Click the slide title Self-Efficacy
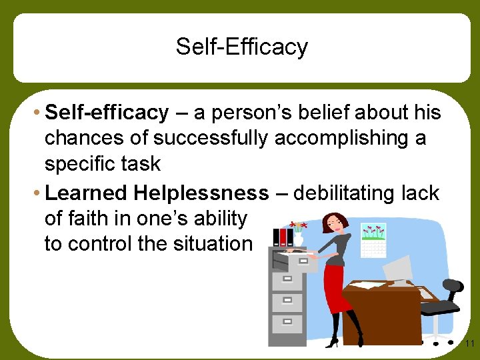click(x=241, y=47)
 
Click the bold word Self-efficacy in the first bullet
click(x=107, y=113)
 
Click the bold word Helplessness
click(x=200, y=193)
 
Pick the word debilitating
click(x=349, y=193)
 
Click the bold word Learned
click(x=85, y=193)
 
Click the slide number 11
click(x=469, y=344)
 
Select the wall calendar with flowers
click(x=373, y=239)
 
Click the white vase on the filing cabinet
click(x=299, y=238)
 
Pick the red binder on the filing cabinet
click(x=283, y=237)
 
